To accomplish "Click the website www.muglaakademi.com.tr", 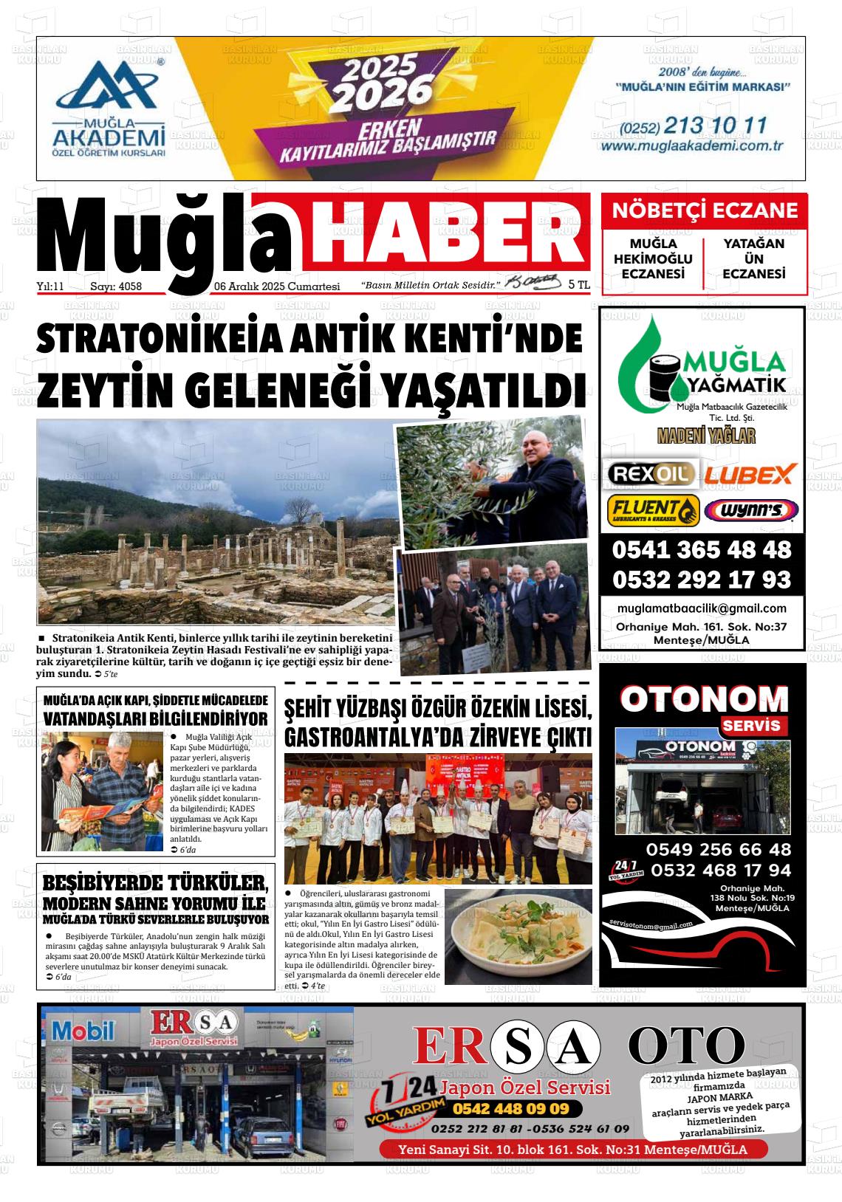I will click(x=691, y=146).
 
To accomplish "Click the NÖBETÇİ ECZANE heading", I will click(x=705, y=210).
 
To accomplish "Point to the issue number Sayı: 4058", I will click(x=115, y=286).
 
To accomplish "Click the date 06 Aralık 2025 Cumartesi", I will click(x=276, y=286).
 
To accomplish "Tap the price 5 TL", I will click(x=579, y=284).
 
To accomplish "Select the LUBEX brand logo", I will click(x=749, y=473).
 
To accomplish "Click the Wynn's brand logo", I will click(x=750, y=510).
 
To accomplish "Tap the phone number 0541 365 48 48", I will click(x=701, y=550).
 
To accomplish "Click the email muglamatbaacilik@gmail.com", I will click(x=701, y=608).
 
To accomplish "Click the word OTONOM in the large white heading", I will click(x=704, y=698).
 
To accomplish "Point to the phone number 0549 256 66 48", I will click(x=718, y=849).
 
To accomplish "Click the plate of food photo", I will click(x=518, y=936).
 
